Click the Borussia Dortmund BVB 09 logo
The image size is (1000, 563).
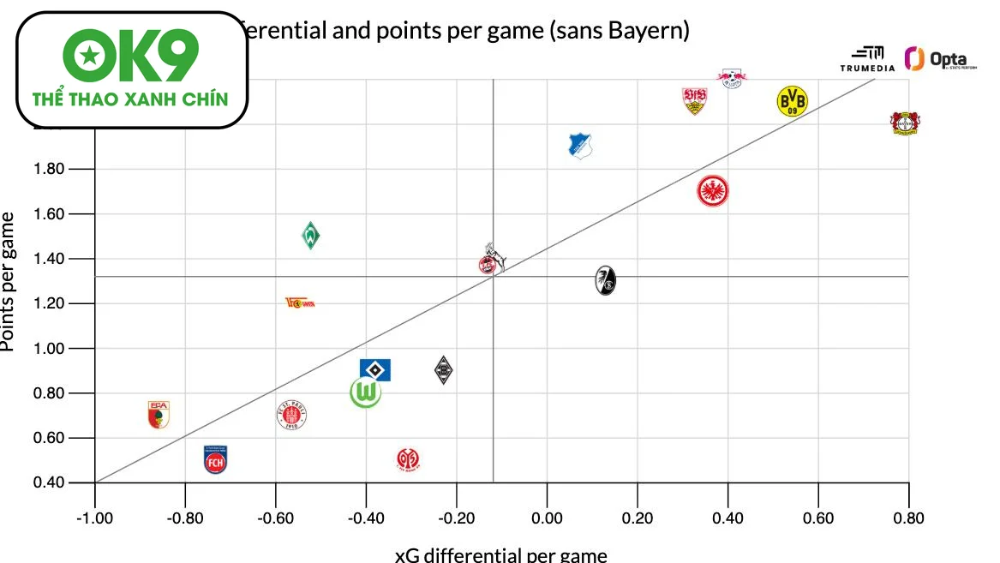tap(792, 101)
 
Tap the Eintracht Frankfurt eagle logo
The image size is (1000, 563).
tap(713, 190)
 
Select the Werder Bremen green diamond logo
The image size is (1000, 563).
tap(311, 235)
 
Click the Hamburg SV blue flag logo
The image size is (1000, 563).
tap(375, 369)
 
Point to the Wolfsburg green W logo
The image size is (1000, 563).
tap(366, 393)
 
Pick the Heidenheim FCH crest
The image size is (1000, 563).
tap(216, 460)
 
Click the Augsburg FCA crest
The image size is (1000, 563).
tap(159, 415)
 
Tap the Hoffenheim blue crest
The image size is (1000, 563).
tap(581, 146)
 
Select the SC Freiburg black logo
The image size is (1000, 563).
tap(606, 279)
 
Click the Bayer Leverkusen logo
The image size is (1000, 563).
tap(904, 123)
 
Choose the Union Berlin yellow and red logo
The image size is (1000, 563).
tap(300, 302)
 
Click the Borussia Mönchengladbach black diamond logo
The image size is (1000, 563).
tap(443, 369)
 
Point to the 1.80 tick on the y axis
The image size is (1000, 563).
tap(49, 169)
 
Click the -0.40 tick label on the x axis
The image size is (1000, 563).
tap(365, 518)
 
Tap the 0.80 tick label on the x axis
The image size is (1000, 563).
tap(908, 518)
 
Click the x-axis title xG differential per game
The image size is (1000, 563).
tap(500, 554)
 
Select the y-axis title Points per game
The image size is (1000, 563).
tap(9, 281)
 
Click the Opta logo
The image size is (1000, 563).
tap(940, 59)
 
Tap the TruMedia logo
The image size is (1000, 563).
tap(867, 60)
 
